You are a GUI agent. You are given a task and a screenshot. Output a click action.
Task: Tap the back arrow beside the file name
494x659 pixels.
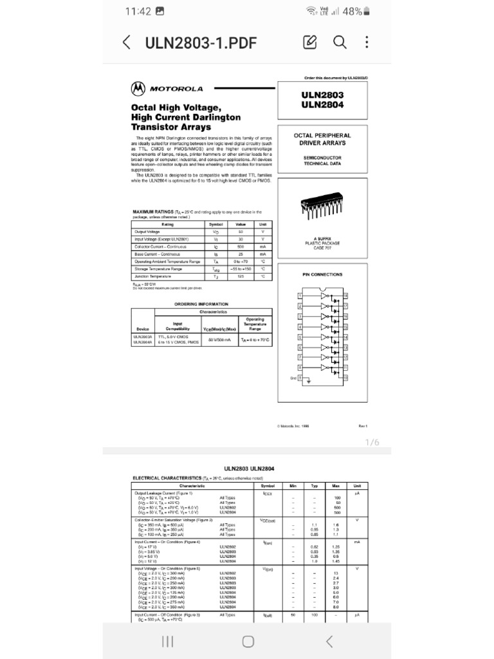click(127, 43)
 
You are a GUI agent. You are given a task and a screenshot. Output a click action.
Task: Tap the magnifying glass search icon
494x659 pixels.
click(340, 42)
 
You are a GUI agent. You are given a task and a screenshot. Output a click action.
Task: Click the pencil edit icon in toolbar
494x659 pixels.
click(310, 42)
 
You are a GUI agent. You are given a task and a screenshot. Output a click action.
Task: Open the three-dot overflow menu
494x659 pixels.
click(367, 42)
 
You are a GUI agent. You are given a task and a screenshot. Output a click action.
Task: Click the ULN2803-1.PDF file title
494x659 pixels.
click(201, 43)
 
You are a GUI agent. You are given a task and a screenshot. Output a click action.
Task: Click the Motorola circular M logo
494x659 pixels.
click(138, 88)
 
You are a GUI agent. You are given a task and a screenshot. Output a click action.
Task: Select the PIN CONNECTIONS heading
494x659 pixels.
click(322, 275)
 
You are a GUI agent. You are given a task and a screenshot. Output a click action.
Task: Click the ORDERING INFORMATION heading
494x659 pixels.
click(201, 304)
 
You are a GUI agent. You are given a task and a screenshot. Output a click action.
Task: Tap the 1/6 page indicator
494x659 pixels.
click(372, 443)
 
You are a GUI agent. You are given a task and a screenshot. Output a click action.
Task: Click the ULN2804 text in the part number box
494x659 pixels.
click(322, 105)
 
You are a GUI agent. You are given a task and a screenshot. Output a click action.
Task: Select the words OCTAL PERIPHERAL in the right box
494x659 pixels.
click(322, 136)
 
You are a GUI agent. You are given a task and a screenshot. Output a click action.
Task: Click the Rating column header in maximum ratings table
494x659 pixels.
click(167, 224)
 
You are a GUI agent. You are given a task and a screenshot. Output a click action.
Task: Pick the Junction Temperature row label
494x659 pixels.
click(153, 275)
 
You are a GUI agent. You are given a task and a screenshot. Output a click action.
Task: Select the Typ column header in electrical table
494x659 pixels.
click(315, 485)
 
